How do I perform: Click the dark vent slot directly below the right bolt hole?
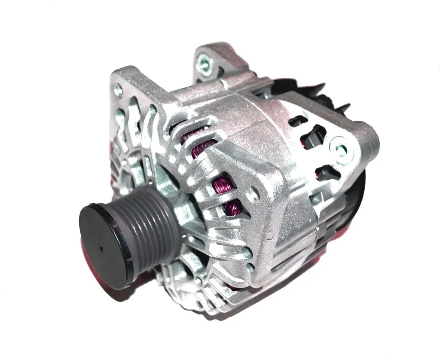click(323, 173)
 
